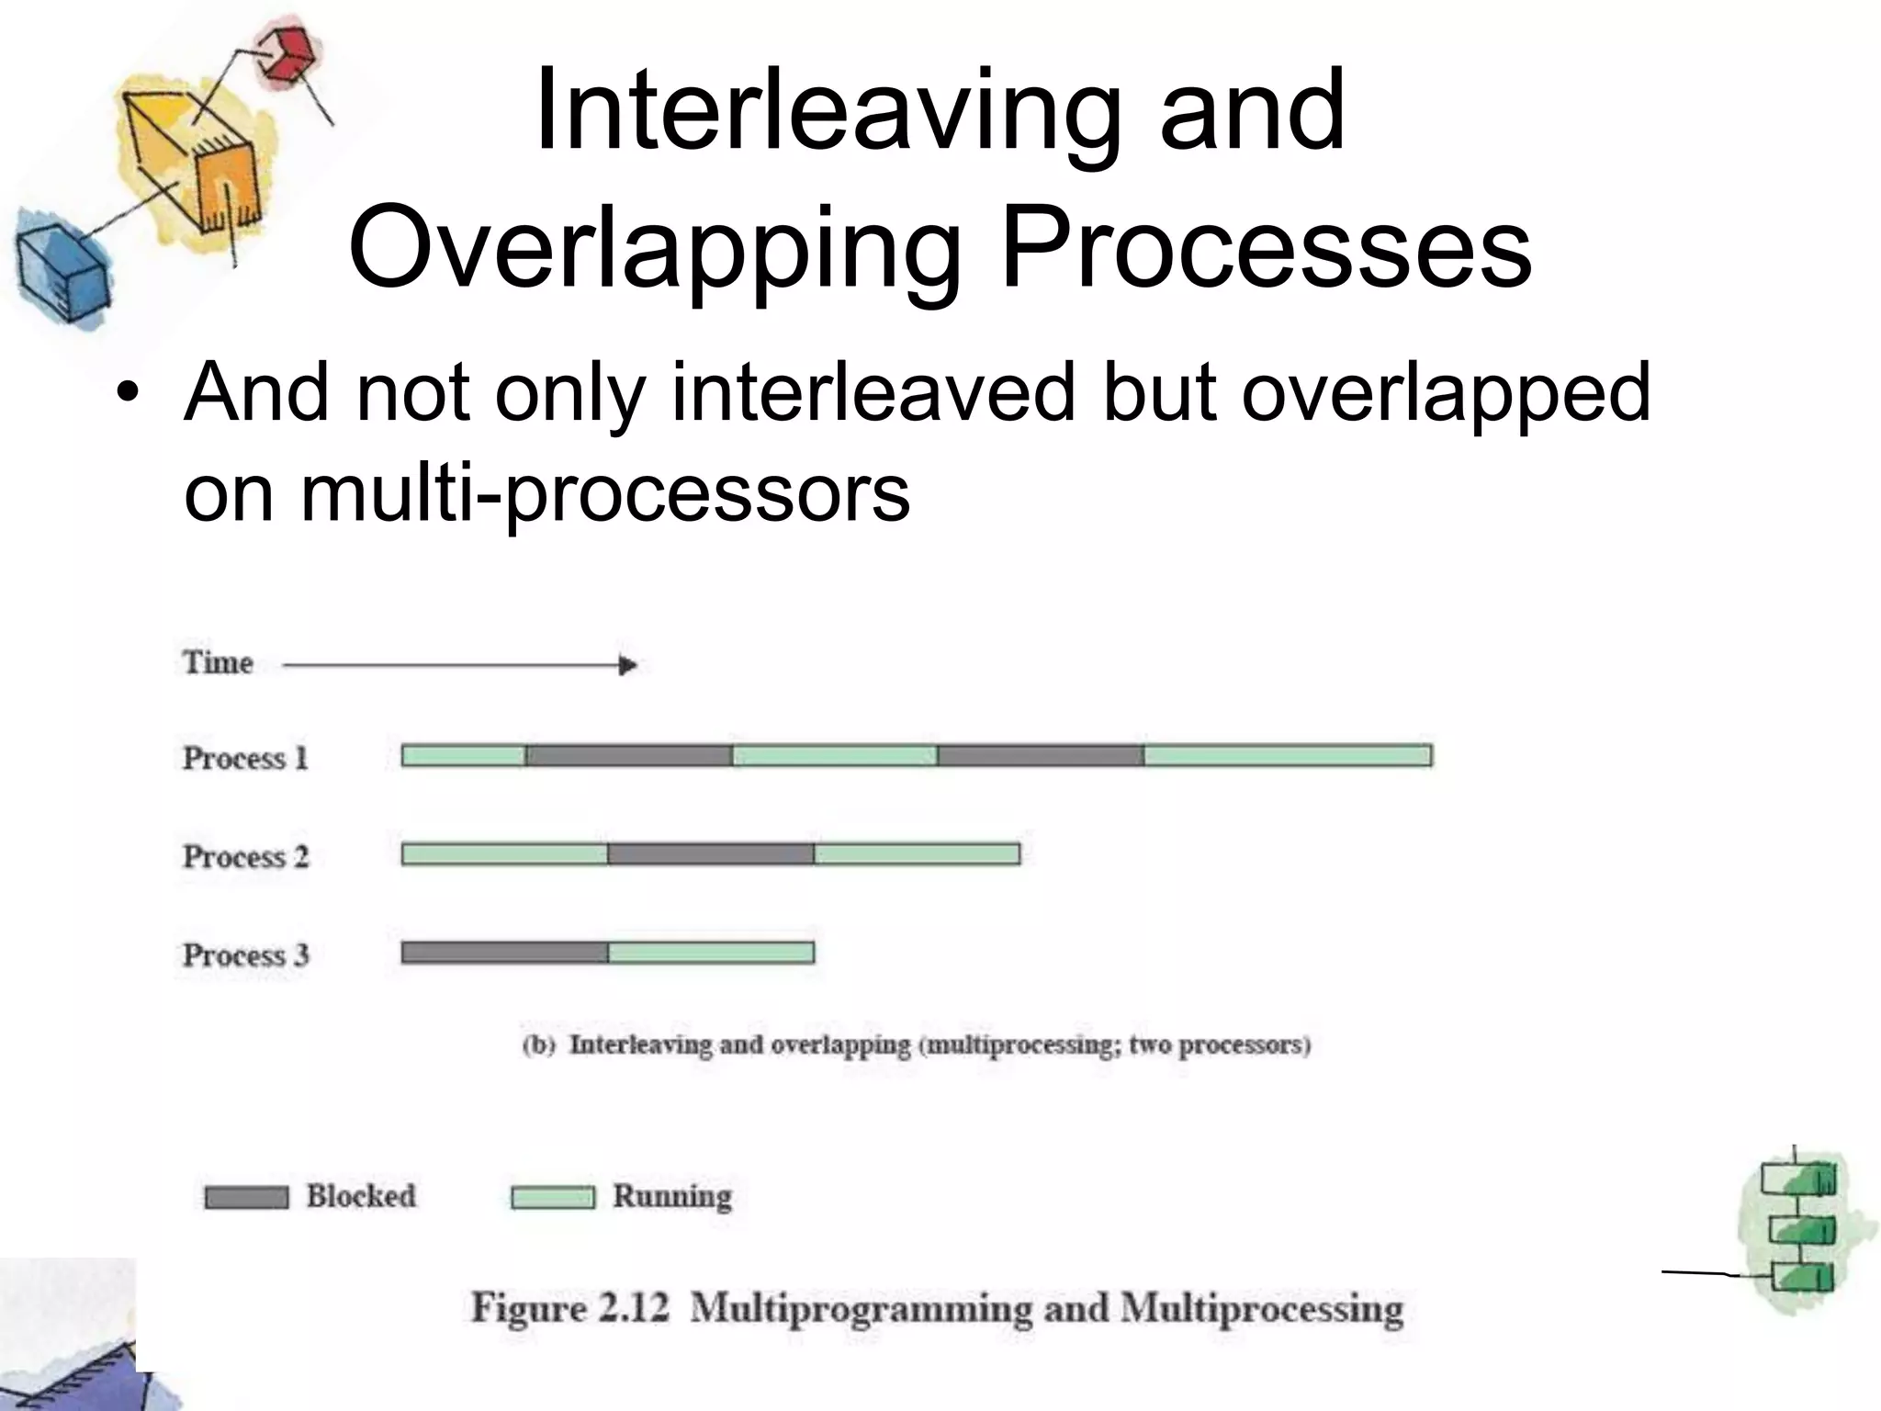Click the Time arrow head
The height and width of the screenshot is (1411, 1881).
[x=628, y=665]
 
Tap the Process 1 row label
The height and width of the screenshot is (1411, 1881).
[x=245, y=758]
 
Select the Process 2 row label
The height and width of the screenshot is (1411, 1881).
[x=245, y=856]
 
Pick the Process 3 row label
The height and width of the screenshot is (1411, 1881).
[x=245, y=954]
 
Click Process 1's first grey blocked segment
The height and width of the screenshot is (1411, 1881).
[x=628, y=755]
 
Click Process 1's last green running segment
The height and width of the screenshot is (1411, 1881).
[x=1287, y=755]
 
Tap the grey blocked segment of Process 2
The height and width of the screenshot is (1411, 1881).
[x=710, y=854]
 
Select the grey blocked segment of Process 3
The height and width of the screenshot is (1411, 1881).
[x=504, y=953]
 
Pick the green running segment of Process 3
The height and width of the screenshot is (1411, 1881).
[x=711, y=953]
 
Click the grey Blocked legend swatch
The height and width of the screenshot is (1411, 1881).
[x=246, y=1198]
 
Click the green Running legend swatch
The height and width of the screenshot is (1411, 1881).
[x=552, y=1198]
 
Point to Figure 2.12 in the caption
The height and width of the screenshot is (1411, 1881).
[x=569, y=1308]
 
